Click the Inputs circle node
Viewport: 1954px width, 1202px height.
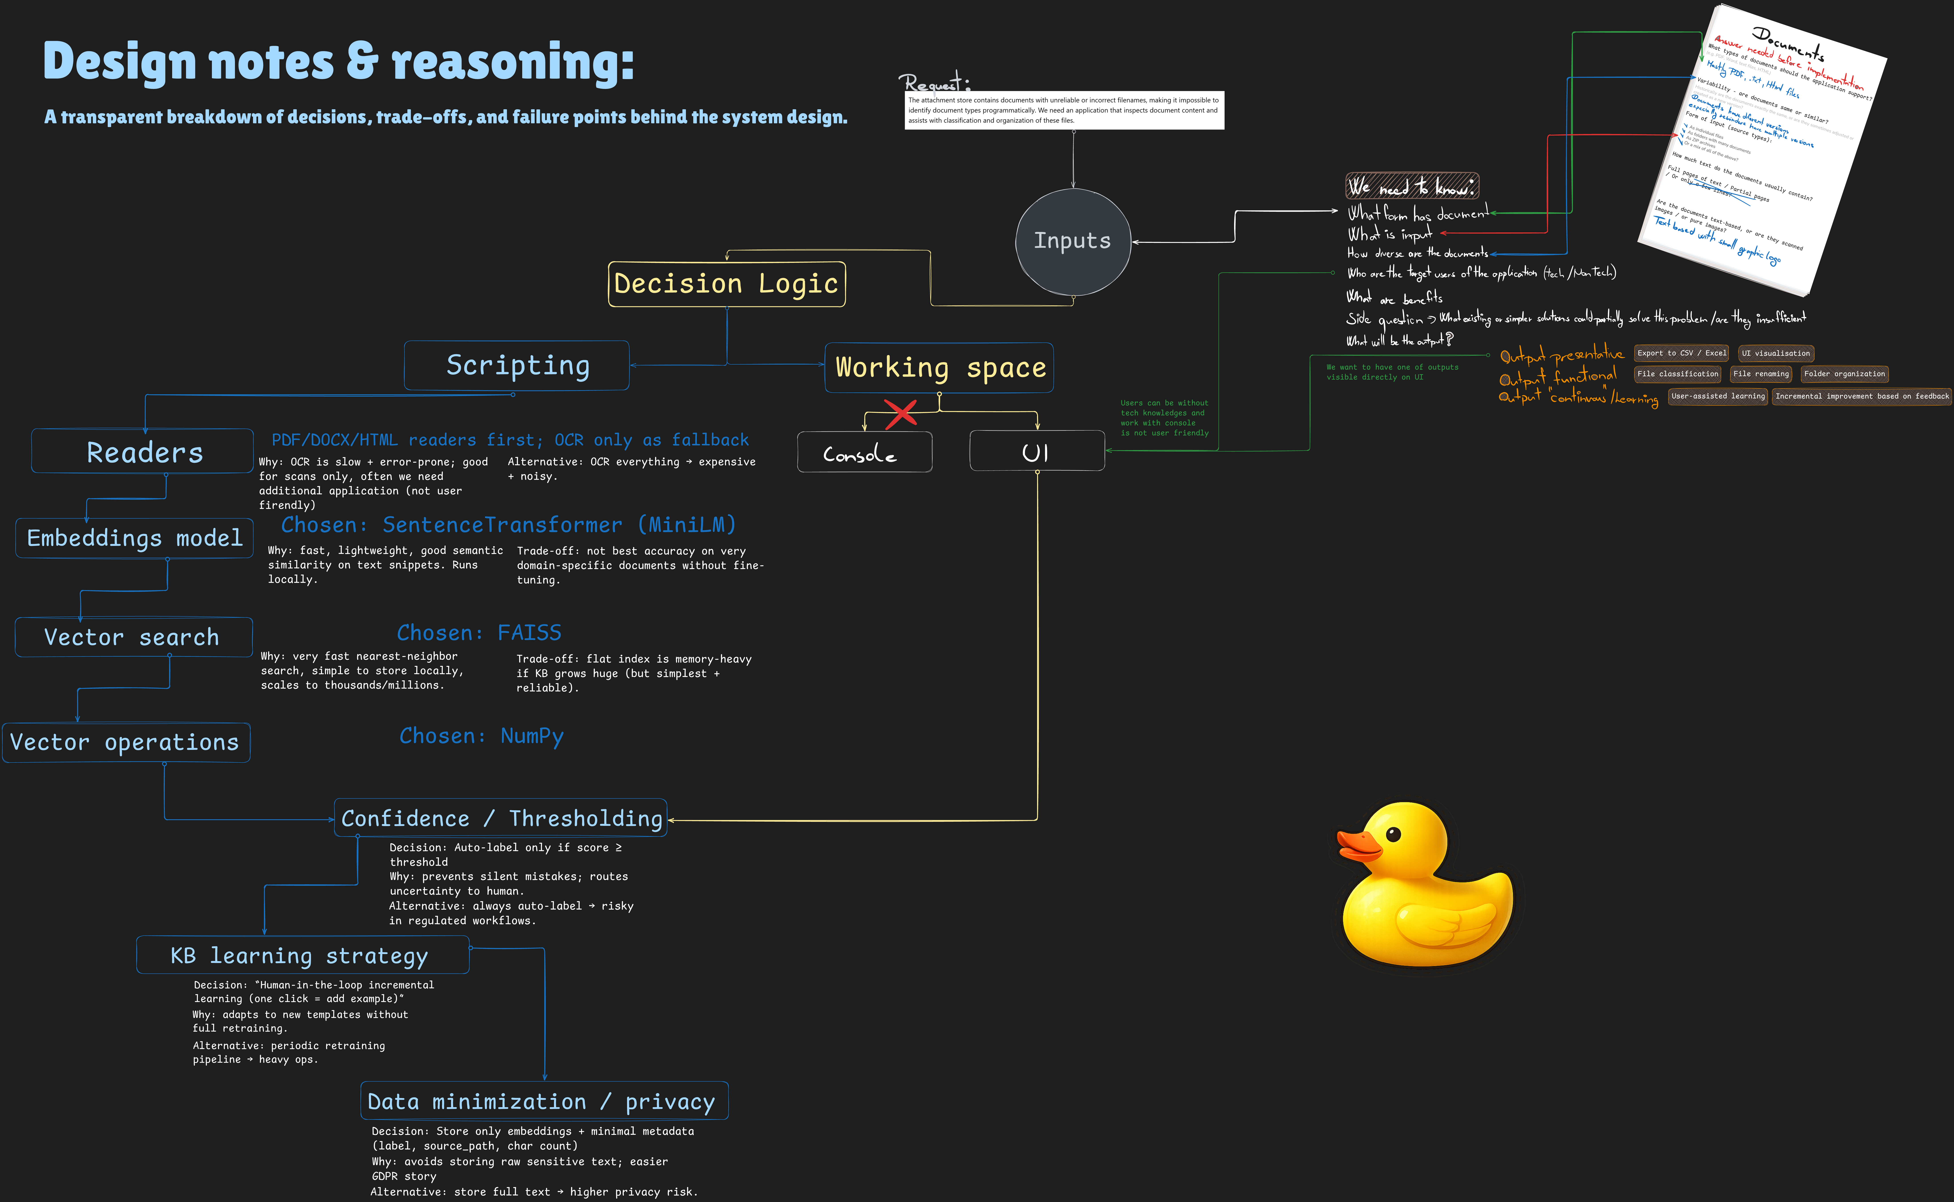click(1073, 242)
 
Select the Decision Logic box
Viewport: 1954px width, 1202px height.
click(726, 284)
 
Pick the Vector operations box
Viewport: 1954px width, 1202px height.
click(125, 743)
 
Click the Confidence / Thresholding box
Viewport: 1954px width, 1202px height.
click(501, 818)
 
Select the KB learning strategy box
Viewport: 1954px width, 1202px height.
click(302, 955)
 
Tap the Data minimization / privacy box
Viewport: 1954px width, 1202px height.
click(544, 1101)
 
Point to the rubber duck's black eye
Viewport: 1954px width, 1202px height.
click(1393, 834)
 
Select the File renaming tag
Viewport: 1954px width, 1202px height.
click(1761, 374)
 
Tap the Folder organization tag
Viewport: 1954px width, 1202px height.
click(1844, 374)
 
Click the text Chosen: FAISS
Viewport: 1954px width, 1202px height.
click(479, 633)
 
